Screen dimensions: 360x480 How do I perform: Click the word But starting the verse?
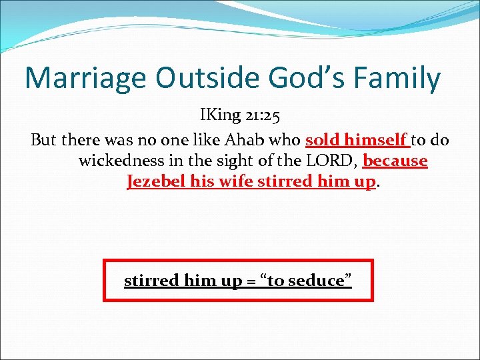tap(43, 141)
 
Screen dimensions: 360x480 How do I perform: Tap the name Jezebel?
tap(153, 181)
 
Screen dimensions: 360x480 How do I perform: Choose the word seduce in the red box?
tap(317, 281)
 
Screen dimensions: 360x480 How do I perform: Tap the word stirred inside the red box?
tap(151, 281)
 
